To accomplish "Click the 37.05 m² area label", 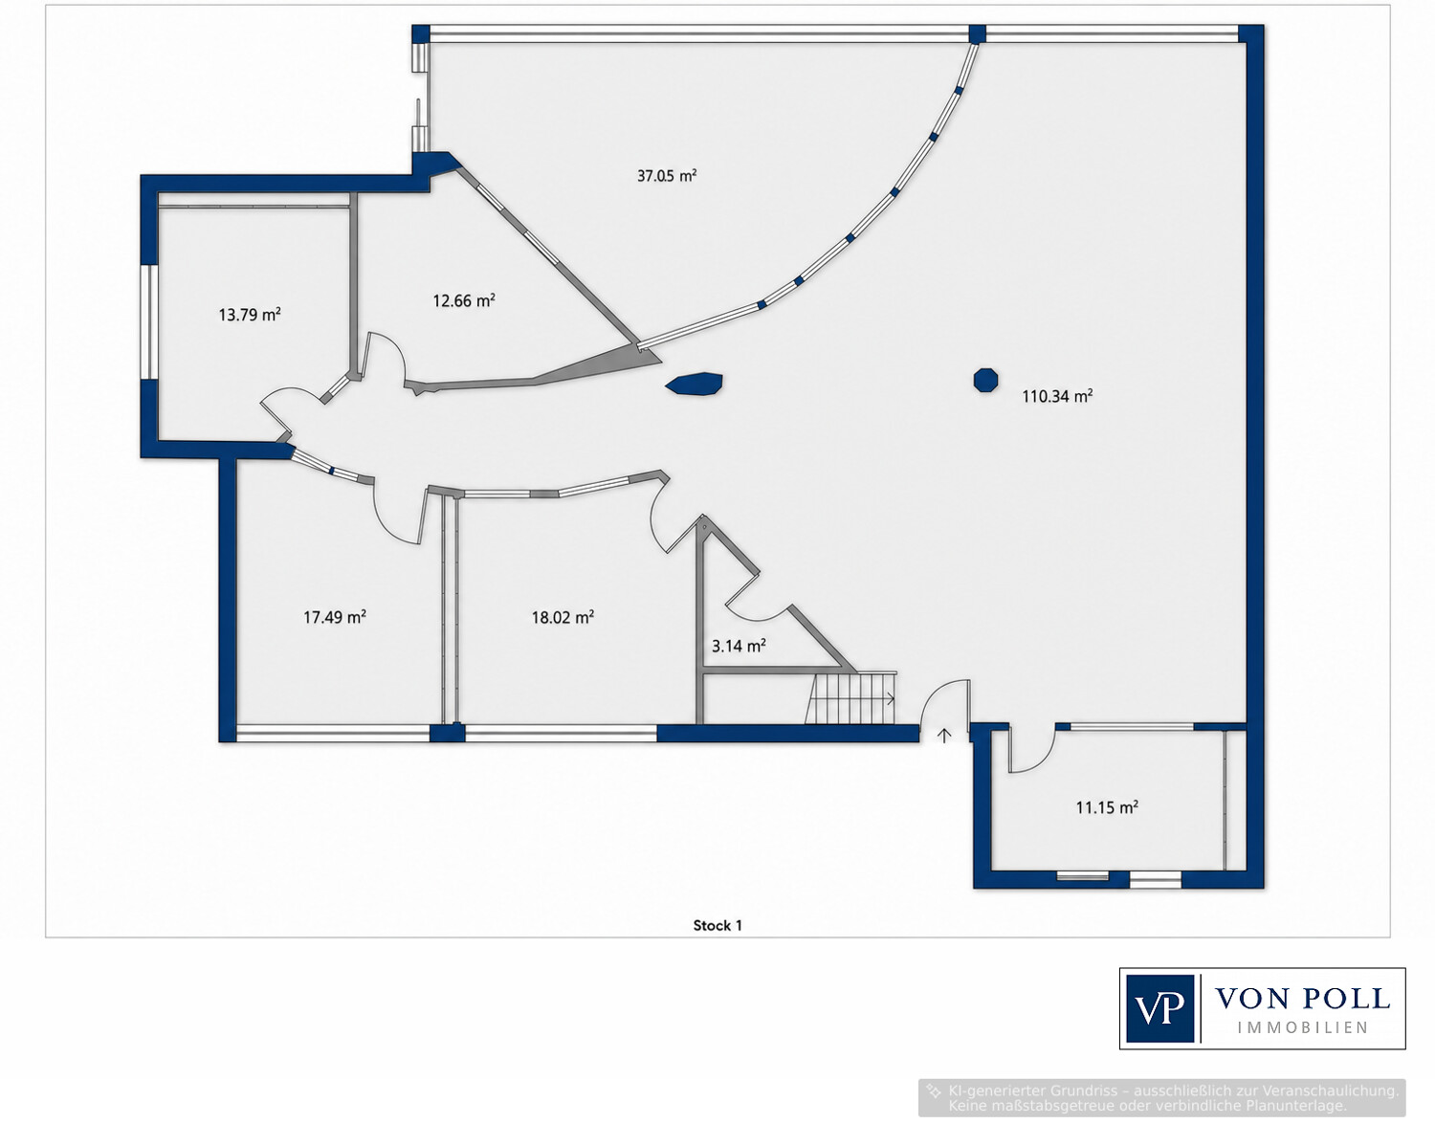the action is coord(667,176).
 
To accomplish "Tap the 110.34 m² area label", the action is coord(1057,396).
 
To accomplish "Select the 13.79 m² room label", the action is coord(250,315).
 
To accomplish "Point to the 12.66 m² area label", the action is coord(463,300).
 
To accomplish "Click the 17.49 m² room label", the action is coord(335,617).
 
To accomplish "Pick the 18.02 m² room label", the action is coord(563,617).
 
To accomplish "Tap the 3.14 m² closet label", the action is coord(739,646).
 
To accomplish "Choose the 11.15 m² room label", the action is coord(1107,807).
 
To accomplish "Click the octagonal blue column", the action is coord(985,381).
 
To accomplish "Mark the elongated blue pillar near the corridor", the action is coord(695,384).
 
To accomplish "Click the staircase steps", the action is coord(851,697).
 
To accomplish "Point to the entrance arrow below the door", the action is coord(944,736).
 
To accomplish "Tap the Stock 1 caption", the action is coord(717,925).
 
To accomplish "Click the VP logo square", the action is coord(1159,1008).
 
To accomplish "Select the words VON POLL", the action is coord(1302,999).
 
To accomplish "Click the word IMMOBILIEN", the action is coord(1303,1028).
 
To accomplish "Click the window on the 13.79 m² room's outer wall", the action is coord(149,323).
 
